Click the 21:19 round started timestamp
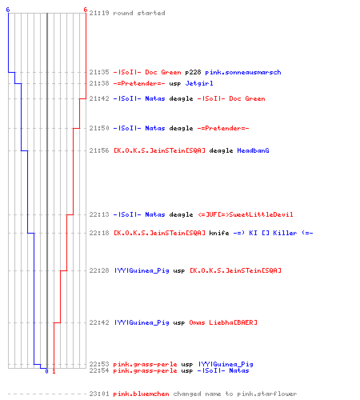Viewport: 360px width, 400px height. [x=99, y=13]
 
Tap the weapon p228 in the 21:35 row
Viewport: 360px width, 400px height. [x=193, y=72]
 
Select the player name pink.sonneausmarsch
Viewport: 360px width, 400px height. [x=243, y=72]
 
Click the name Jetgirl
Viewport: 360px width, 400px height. [x=199, y=83]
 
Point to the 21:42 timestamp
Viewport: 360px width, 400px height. [x=99, y=98]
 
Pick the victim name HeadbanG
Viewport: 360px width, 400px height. [x=253, y=150]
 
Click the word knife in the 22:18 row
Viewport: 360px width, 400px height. [x=219, y=233]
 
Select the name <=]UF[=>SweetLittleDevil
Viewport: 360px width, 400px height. [x=246, y=214]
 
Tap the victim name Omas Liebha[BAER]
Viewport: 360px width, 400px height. [x=223, y=322]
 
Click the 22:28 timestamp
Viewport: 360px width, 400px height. [x=99, y=270]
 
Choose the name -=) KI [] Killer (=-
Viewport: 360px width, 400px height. [x=273, y=233]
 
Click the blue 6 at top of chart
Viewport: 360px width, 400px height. [x=8, y=10]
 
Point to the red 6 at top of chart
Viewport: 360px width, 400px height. [x=86, y=10]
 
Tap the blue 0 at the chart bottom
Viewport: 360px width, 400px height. [x=46, y=371]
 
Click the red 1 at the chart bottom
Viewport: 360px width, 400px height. [x=54, y=371]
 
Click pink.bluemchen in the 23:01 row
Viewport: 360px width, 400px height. [x=141, y=394]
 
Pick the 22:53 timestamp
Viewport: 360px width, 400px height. [x=99, y=364]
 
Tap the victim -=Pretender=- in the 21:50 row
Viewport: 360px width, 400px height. [x=223, y=128]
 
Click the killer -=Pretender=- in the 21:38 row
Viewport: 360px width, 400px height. [x=139, y=83]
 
